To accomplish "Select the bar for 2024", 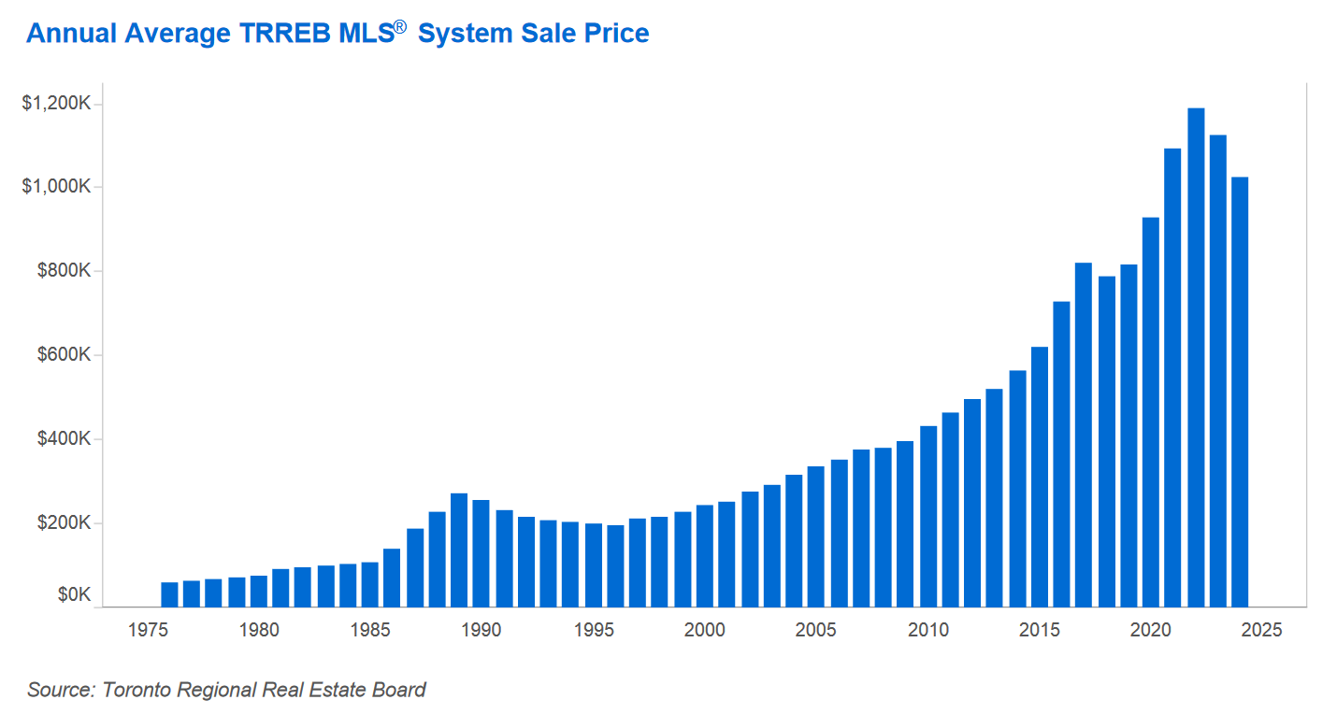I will pos(1240,392).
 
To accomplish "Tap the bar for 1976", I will pos(169,594).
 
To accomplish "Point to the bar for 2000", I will pos(705,555).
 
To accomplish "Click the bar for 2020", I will pos(1151,411).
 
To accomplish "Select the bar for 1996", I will pos(615,565).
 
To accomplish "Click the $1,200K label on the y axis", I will pos(56,103).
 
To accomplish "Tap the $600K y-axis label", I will pos(64,355).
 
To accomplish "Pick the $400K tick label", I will pos(64,439).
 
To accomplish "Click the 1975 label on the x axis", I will pos(147,630).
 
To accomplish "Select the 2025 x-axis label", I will pos(1262,630).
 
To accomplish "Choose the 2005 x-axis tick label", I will pos(816,630).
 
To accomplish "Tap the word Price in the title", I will pos(613,34).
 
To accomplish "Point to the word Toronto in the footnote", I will pos(136,690).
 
